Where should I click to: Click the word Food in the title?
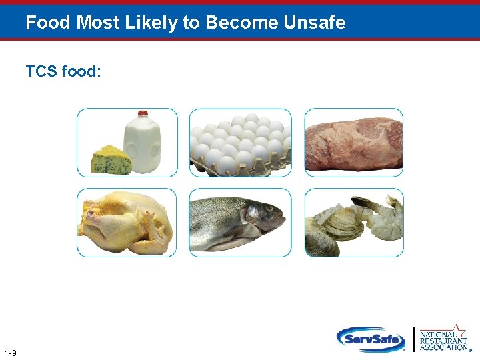pyautogui.click(x=49, y=23)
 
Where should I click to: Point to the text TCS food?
pyautogui.click(x=63, y=71)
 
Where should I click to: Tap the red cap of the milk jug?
pyautogui.click(x=143, y=114)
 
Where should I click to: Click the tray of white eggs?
pyautogui.click(x=240, y=143)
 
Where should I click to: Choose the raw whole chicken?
pyautogui.click(x=127, y=223)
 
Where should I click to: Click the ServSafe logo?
pyautogui.click(x=371, y=339)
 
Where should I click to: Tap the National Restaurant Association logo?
pyautogui.click(x=443, y=339)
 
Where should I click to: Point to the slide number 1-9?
pyautogui.click(x=10, y=353)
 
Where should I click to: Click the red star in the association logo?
pyautogui.click(x=459, y=327)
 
